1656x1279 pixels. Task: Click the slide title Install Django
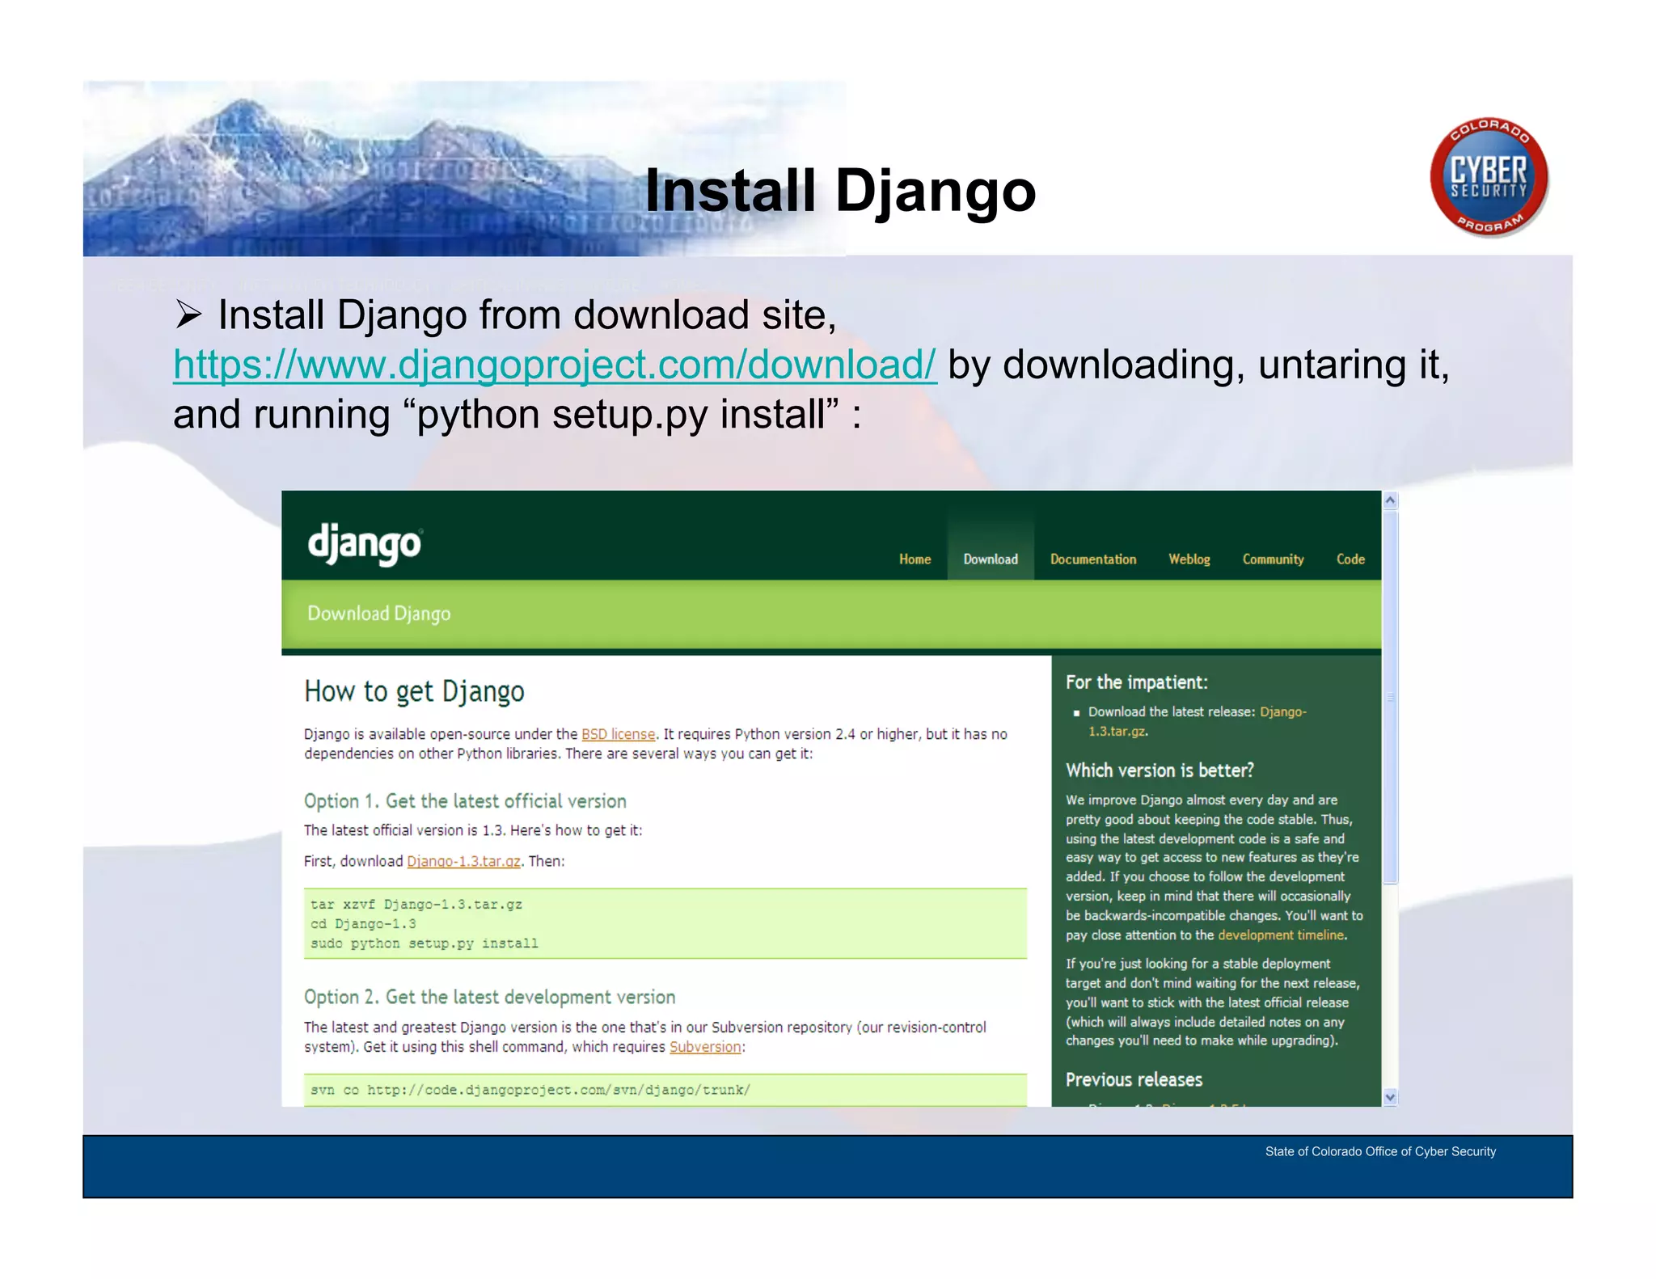click(840, 191)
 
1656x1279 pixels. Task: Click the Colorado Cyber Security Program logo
click(1489, 177)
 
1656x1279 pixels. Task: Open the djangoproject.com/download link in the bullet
click(555, 364)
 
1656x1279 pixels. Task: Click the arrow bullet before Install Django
click(188, 314)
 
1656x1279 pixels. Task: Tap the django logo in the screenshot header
click(365, 544)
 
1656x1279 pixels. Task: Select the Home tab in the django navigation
click(915, 559)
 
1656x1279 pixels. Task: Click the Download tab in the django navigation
click(990, 559)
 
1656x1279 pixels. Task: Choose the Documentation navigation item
click(1092, 559)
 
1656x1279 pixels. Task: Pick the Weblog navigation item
click(1189, 559)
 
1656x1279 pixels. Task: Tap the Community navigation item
click(1273, 559)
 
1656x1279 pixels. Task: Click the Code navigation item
click(1350, 559)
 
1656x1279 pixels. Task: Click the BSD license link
click(618, 734)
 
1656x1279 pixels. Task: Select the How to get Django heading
click(414, 692)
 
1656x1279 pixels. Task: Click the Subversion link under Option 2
click(705, 1047)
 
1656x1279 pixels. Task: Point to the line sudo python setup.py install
click(425, 943)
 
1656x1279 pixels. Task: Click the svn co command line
click(530, 1090)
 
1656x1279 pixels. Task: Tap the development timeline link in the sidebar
click(1280, 935)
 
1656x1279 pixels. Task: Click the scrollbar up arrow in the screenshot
click(1390, 500)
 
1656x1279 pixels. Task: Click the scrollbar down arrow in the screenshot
click(1390, 1097)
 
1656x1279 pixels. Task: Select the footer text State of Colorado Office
click(1379, 1151)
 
